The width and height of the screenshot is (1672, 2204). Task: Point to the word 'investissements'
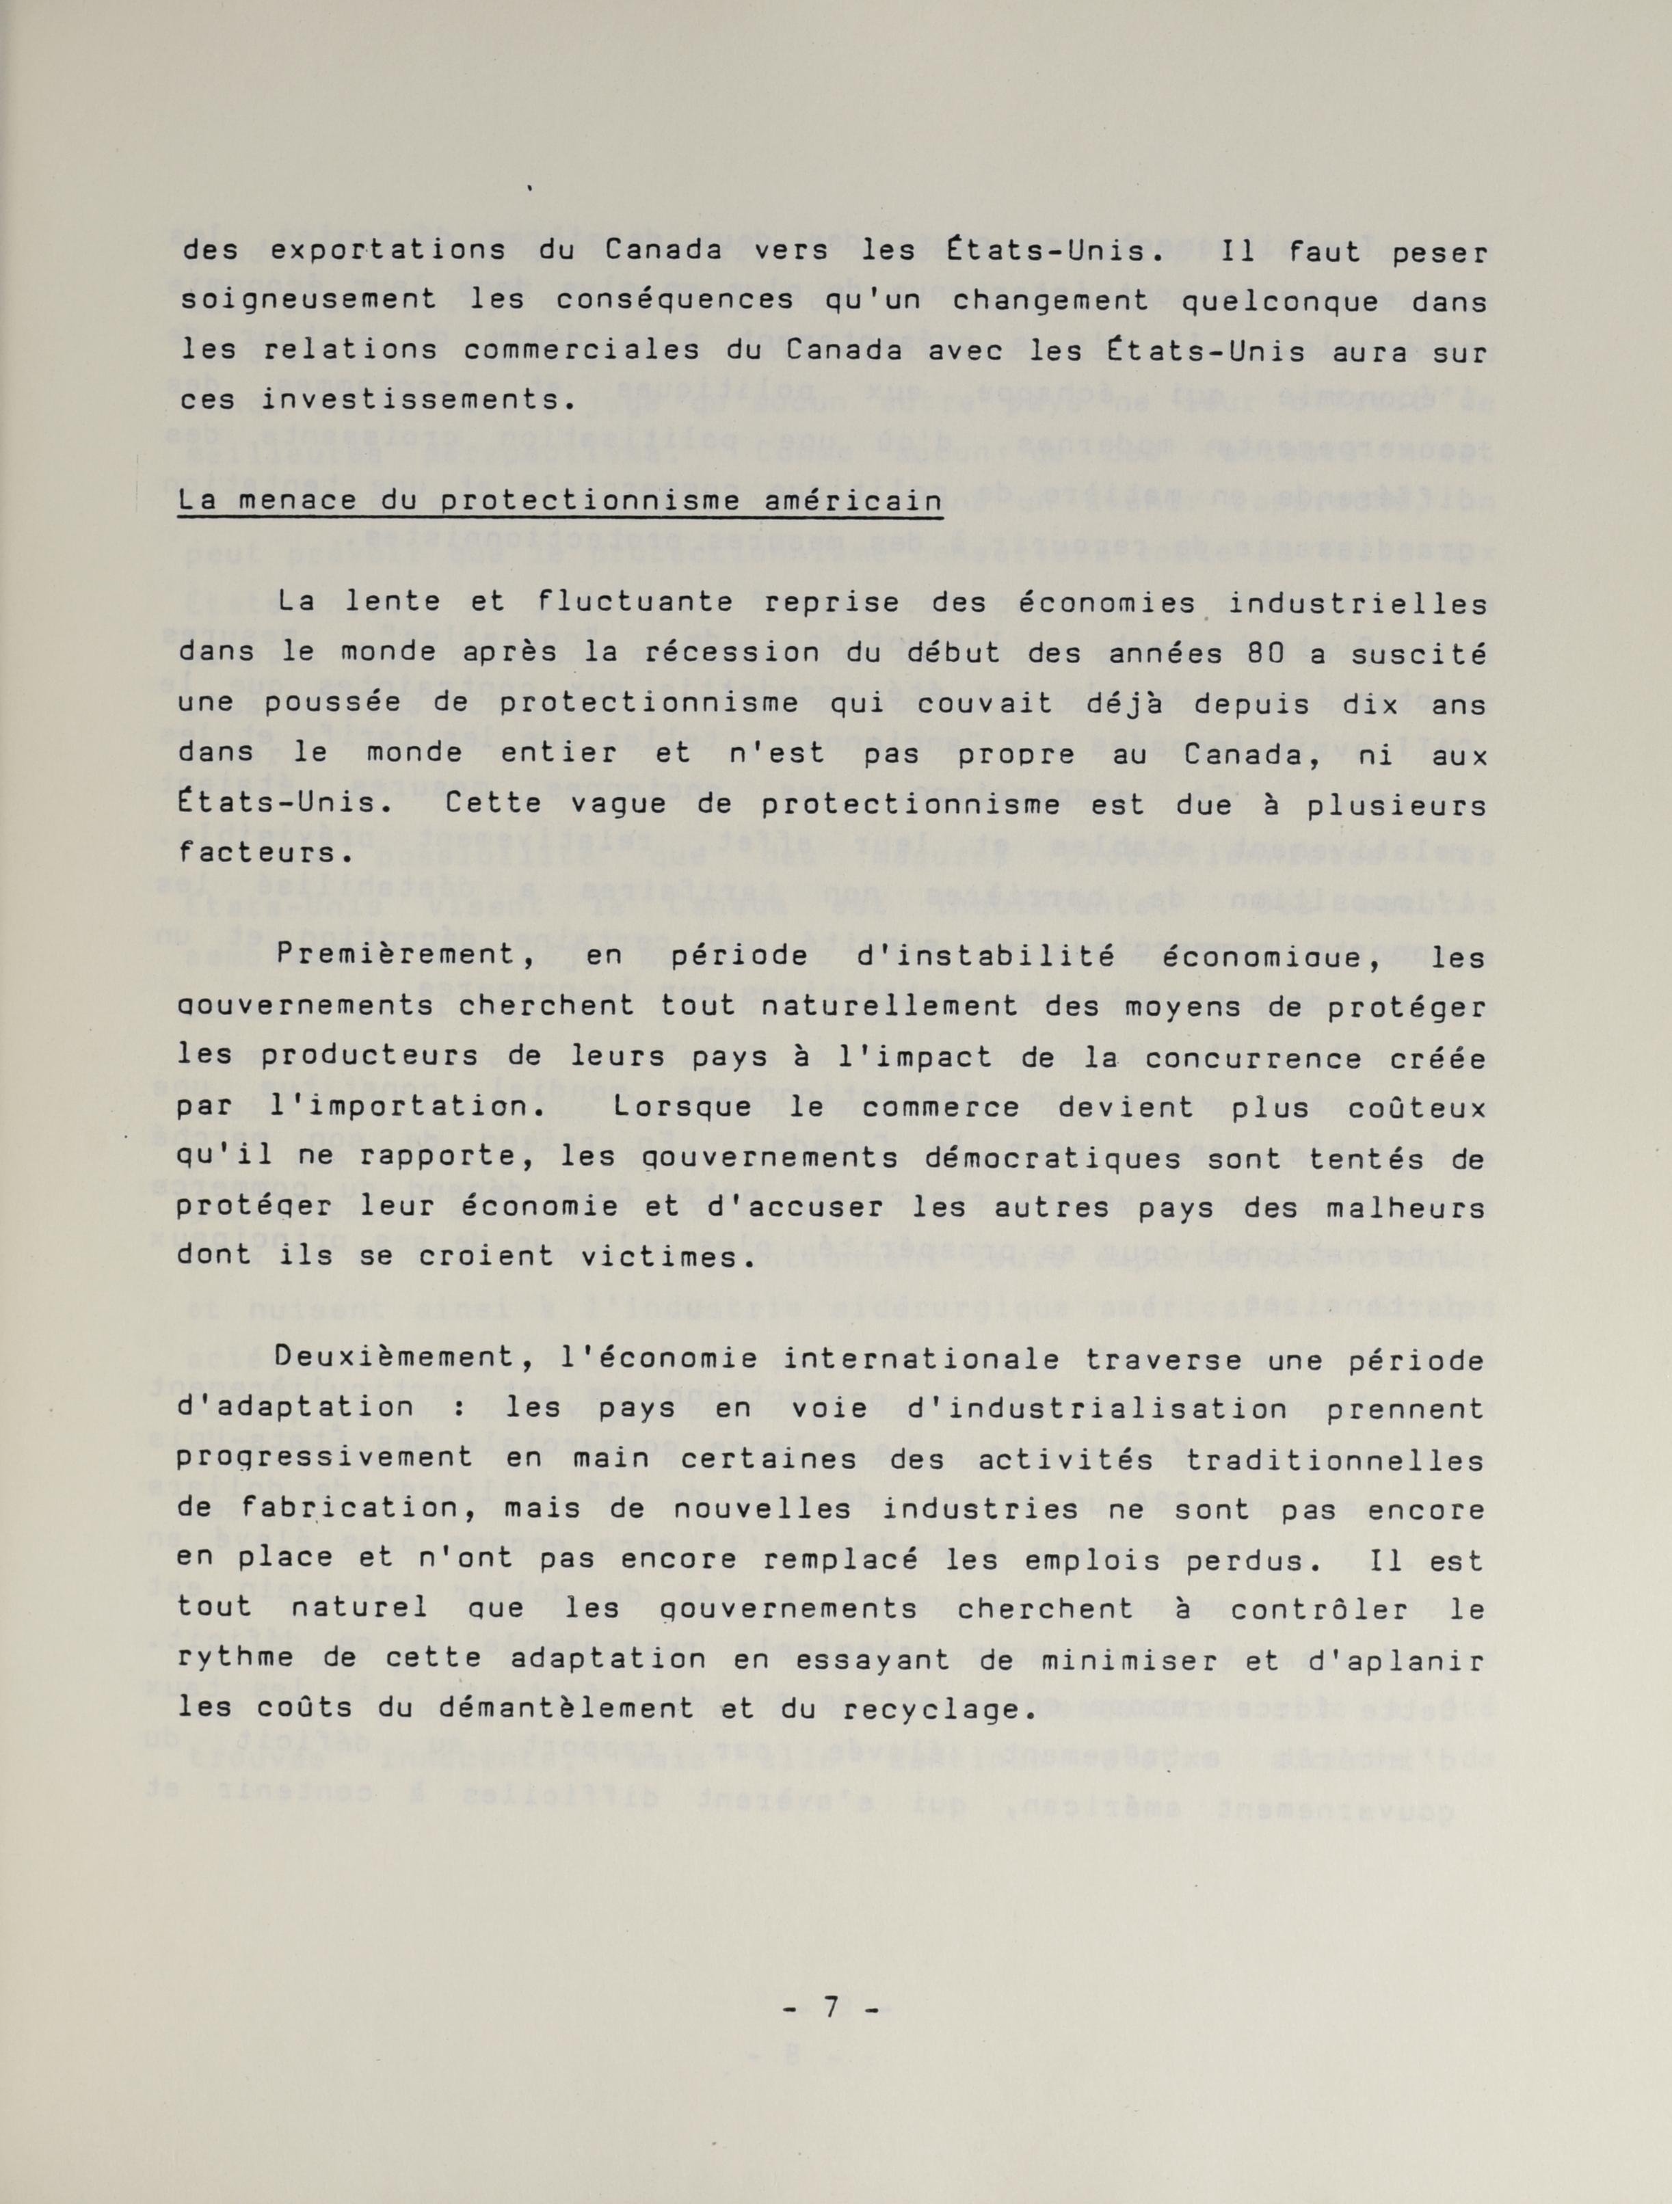pyautogui.click(x=403, y=399)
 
